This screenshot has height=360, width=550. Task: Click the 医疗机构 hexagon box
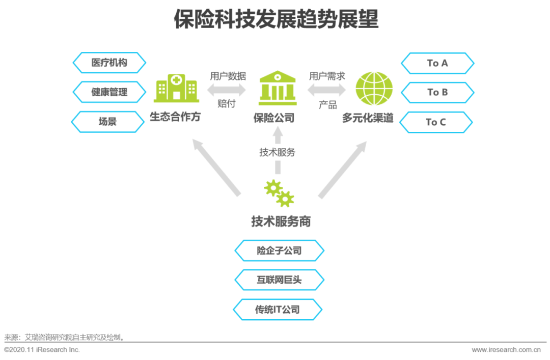point(109,63)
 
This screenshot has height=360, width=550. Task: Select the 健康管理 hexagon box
point(109,92)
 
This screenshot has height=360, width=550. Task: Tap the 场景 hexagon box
point(107,122)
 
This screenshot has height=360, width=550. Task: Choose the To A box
point(437,63)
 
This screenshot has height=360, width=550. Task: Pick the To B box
point(437,92)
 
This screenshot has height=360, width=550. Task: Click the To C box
point(436,122)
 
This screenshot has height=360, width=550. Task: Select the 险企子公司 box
point(279,251)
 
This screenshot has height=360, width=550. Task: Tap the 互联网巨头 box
point(279,280)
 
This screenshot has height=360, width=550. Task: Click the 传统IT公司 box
point(278,310)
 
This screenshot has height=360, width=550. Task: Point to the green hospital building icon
point(176,88)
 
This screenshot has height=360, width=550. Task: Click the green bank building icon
point(278,88)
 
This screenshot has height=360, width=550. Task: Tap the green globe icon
point(374,89)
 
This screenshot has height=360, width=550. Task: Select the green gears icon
point(279,193)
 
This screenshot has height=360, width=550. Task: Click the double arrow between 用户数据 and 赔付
point(227,90)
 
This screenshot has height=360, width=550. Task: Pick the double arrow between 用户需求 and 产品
point(326,90)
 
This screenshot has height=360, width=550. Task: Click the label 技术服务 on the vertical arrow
point(278,152)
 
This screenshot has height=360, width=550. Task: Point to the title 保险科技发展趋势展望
point(276,19)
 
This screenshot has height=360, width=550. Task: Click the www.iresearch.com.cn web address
point(506,350)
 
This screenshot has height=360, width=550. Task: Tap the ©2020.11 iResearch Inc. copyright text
point(42,350)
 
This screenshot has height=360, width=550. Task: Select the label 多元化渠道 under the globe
point(368,118)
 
